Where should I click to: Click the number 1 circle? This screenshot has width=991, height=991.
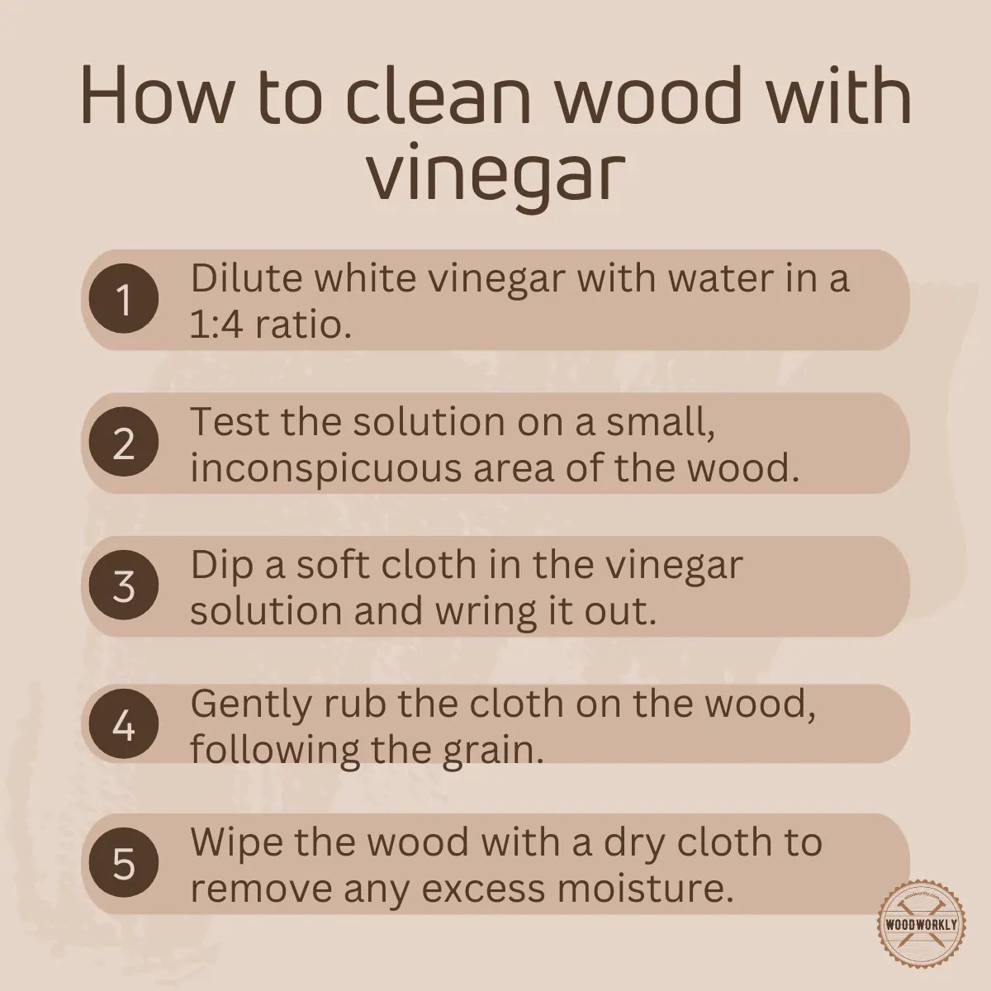(124, 301)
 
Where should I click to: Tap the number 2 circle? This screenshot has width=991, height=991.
(124, 444)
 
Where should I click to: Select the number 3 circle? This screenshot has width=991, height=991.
(124, 586)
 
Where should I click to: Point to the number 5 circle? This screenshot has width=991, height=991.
(124, 864)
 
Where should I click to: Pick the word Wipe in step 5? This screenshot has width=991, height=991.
(236, 842)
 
